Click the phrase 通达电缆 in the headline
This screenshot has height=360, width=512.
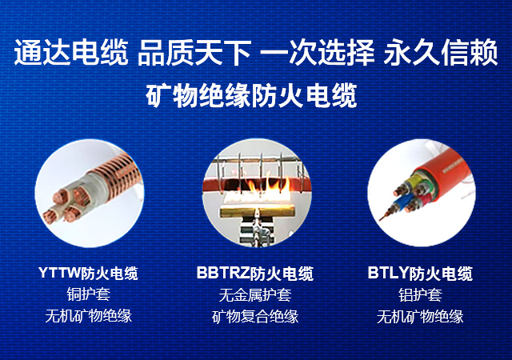[x=71, y=52]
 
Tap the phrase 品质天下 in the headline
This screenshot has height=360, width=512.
[x=194, y=52]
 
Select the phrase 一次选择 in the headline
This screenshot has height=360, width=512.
[x=318, y=52]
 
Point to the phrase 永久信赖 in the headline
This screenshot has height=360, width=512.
[x=441, y=52]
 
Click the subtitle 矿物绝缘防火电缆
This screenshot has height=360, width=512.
[x=251, y=95]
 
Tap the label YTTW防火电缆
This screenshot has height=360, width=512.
[x=88, y=273]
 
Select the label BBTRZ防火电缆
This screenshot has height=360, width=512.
[x=255, y=274]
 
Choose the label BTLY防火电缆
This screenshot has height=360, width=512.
[x=420, y=274]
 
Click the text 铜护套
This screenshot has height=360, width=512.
[x=89, y=294]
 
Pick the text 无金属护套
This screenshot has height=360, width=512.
[x=255, y=294]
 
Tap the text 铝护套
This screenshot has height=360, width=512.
[x=420, y=294]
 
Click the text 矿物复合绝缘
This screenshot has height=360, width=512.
[x=255, y=316]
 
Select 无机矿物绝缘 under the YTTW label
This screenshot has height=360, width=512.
[x=89, y=315]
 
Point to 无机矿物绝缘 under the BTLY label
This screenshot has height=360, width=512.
[x=420, y=316]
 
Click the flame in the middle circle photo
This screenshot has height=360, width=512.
[x=266, y=190]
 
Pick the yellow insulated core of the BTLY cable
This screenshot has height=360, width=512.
[x=412, y=182]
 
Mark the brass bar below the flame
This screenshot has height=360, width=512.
[x=257, y=212]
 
